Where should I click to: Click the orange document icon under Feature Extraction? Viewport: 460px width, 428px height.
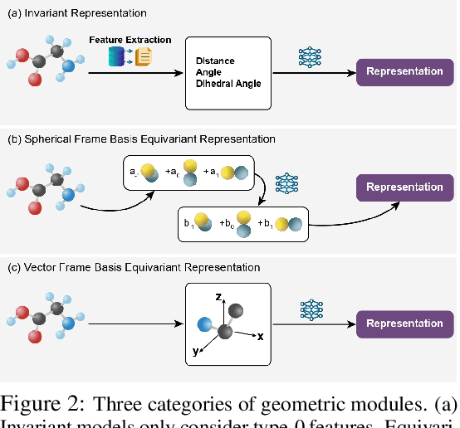144,57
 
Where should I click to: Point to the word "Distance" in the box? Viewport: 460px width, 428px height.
215,61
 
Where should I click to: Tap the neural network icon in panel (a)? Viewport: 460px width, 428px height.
310,56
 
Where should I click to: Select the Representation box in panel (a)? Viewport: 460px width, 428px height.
404,71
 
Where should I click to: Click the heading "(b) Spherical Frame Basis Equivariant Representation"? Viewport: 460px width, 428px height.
140,139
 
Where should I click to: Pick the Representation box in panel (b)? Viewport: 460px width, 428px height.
404,187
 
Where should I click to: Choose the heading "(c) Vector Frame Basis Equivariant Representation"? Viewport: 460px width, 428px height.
133,267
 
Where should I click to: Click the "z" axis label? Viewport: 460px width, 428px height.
217,294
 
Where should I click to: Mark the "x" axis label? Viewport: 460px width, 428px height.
260,337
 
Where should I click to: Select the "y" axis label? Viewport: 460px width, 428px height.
195,352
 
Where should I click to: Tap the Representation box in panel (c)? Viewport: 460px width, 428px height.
404,323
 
